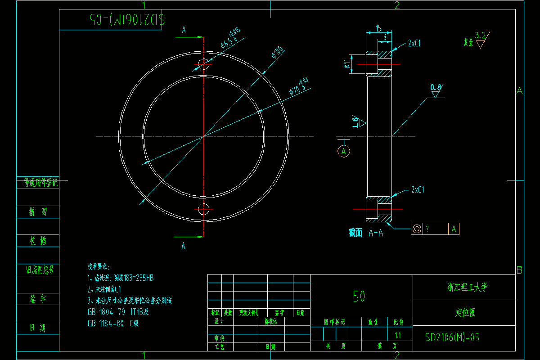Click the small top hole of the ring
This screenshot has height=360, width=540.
204,63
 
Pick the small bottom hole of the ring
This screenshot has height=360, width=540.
204,209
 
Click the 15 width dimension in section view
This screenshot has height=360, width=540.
378,28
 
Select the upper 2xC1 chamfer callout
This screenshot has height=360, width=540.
414,43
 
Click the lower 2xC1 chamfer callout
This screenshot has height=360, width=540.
417,190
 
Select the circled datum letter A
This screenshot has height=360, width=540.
344,151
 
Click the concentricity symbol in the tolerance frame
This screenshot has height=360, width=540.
417,229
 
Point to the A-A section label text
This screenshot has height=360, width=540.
375,233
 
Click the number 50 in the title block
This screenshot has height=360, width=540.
359,296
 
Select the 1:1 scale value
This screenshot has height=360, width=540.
398,335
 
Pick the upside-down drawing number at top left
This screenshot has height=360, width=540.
127,19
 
